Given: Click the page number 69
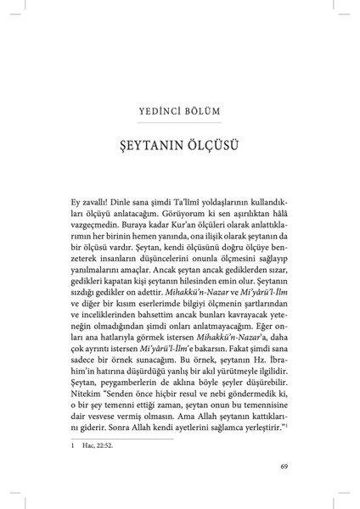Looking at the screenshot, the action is coord(285,466).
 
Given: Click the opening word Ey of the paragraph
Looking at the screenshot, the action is coord(77,204).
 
